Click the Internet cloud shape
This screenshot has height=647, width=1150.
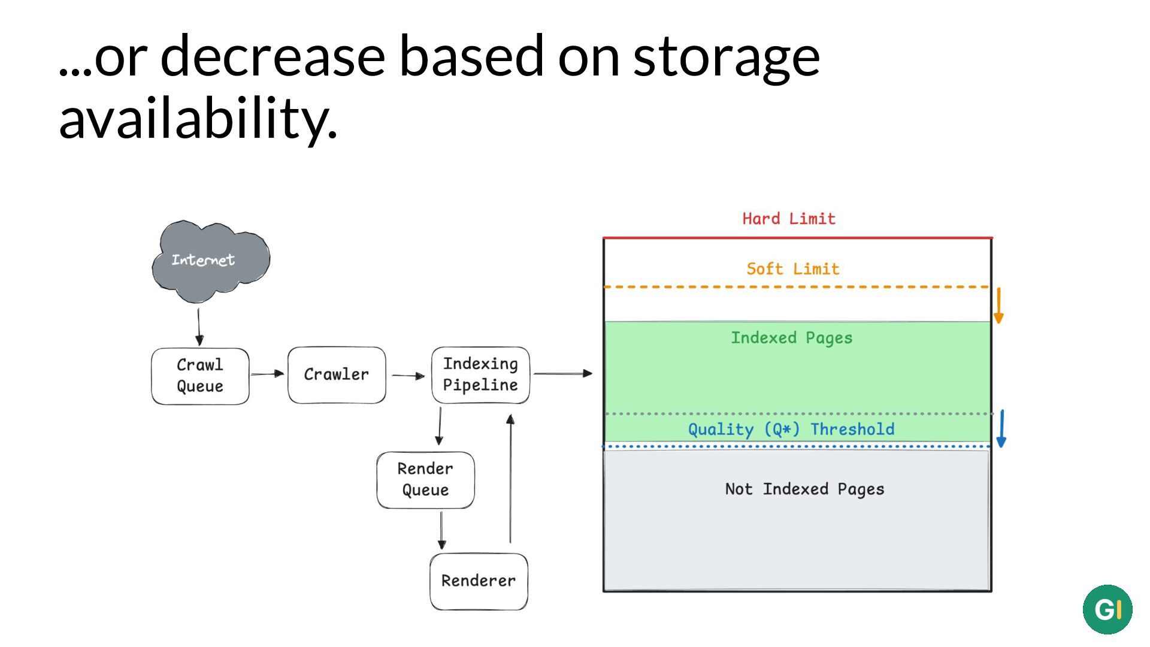(x=211, y=261)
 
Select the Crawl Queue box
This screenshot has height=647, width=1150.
(x=200, y=376)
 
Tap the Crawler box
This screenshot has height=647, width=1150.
(x=337, y=375)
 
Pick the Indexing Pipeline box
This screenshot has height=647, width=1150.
(x=480, y=375)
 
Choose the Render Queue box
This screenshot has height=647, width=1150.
(x=425, y=480)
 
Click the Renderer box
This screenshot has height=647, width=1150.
(x=479, y=581)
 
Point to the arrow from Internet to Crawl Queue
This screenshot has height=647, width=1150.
(x=199, y=327)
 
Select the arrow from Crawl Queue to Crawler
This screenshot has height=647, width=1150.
(x=267, y=374)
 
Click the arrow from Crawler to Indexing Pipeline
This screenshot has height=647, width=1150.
(x=408, y=376)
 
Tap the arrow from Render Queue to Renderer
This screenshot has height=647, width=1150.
(x=441, y=531)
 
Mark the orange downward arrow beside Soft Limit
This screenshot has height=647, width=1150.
(x=998, y=306)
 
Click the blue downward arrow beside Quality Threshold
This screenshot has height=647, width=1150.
(x=1001, y=428)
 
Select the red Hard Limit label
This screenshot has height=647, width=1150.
(x=789, y=219)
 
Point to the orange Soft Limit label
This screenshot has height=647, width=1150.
(x=793, y=269)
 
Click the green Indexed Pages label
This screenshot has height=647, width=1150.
(x=791, y=338)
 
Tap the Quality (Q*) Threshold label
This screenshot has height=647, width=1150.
(x=791, y=430)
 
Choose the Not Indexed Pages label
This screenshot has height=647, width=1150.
(x=804, y=489)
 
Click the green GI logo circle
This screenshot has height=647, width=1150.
(x=1107, y=610)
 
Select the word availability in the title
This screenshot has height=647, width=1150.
(x=198, y=119)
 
